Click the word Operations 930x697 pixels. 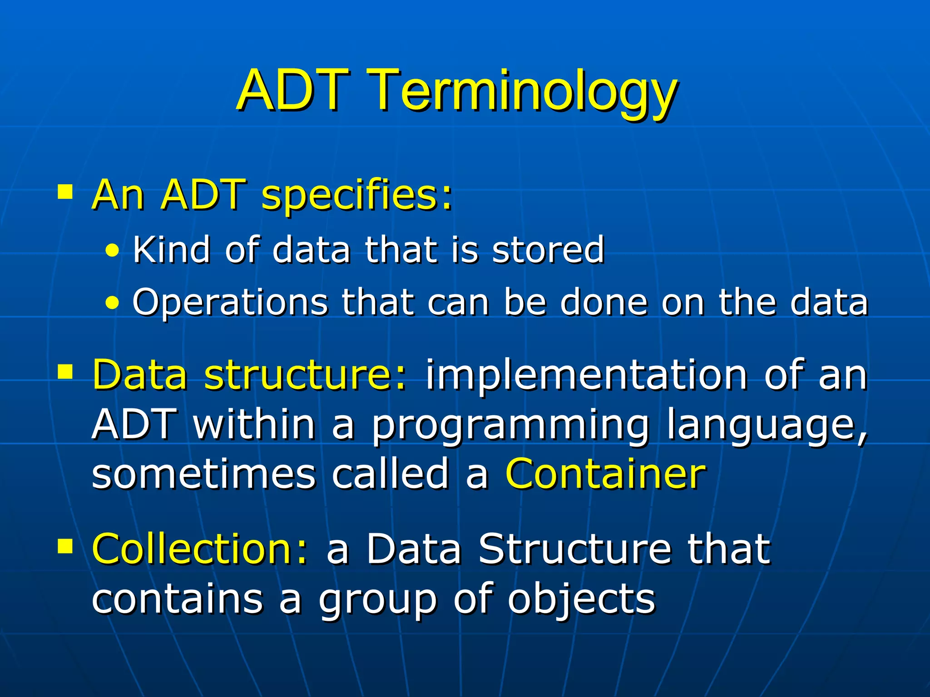click(x=230, y=303)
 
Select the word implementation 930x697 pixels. click(x=586, y=376)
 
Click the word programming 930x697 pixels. click(x=511, y=426)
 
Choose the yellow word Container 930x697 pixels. click(x=606, y=474)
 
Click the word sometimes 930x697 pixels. click(x=203, y=474)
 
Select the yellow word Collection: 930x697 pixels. click(x=200, y=549)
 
